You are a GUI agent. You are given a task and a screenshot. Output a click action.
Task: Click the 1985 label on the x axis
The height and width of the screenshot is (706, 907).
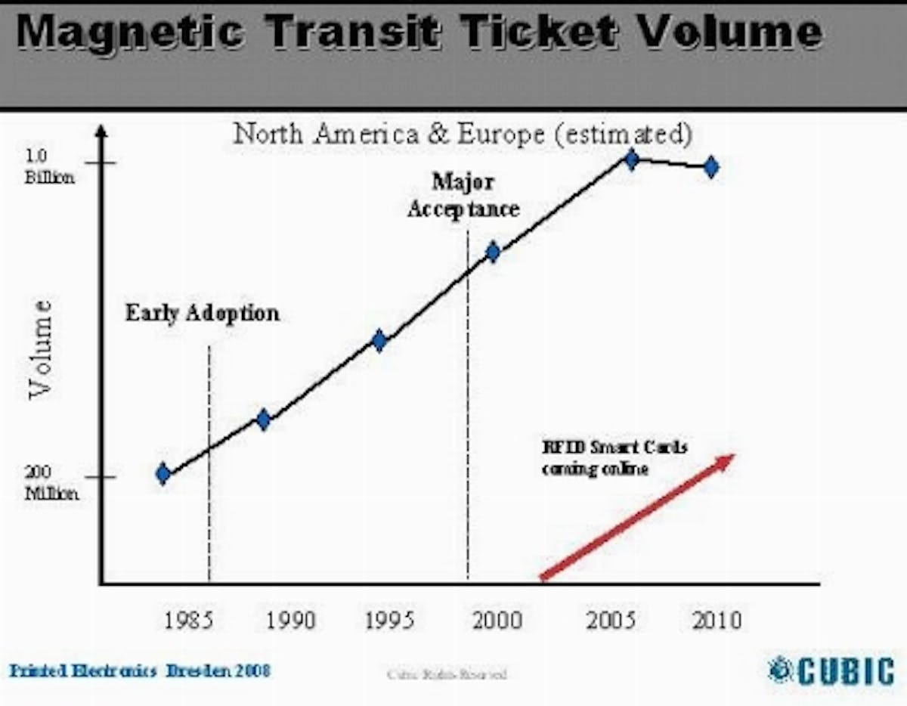[189, 621]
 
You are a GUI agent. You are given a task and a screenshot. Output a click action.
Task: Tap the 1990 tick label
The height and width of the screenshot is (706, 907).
[291, 621]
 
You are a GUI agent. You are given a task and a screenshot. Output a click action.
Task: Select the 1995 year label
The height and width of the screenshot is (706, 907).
[390, 621]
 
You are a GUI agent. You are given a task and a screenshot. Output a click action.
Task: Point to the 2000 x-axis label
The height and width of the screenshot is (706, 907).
[497, 621]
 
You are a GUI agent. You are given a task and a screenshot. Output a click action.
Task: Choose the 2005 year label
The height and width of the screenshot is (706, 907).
[611, 621]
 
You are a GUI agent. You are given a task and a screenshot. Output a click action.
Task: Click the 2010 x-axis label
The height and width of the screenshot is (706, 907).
[717, 621]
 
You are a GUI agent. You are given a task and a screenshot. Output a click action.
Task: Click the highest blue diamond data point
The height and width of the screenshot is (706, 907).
[631, 159]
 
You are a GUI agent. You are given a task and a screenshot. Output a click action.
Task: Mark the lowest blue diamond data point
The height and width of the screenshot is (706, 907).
[163, 474]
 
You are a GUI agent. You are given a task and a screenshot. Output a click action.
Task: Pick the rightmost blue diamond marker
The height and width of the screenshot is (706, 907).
[710, 167]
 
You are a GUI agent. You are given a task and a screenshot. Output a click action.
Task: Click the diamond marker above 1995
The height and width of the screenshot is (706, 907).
[379, 341]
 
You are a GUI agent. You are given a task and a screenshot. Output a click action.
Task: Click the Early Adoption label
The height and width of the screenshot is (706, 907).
[202, 312]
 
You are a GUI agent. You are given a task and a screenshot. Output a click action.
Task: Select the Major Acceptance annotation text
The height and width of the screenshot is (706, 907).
[463, 195]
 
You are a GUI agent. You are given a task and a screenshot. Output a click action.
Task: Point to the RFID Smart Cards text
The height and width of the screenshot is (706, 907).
[614, 457]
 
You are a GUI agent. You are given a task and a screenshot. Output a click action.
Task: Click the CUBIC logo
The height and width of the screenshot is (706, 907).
[831, 670]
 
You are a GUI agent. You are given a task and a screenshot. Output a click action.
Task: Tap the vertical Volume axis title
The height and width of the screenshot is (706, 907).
[42, 348]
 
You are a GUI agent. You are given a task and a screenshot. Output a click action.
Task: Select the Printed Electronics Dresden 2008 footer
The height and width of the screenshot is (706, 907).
[140, 670]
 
